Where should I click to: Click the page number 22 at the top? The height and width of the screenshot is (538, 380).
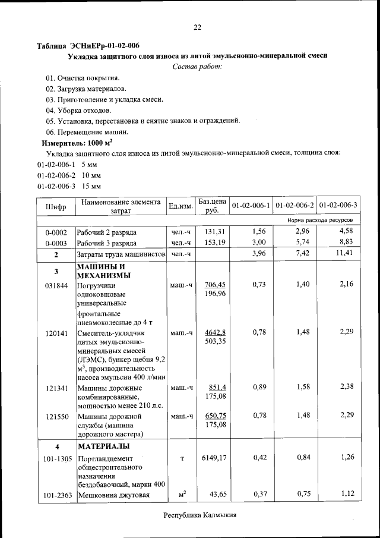[198, 27]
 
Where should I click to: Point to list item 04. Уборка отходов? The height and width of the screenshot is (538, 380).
[78, 110]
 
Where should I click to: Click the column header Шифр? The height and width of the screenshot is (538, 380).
[55, 206]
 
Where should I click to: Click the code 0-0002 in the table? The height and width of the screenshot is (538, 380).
[56, 232]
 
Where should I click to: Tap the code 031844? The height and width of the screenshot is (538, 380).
[56, 285]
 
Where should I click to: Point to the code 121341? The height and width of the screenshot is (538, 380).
[56, 388]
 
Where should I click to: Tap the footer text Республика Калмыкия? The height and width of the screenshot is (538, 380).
[200, 515]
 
